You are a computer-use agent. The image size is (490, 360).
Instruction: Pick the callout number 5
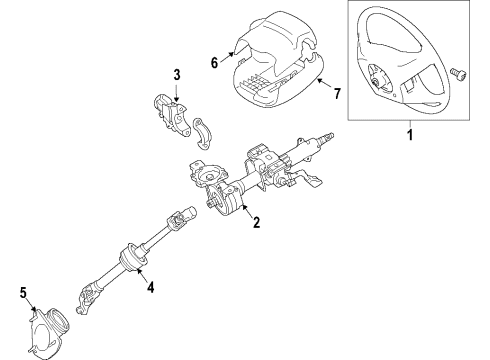coord(24,292)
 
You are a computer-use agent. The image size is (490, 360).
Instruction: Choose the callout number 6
coord(212,61)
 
